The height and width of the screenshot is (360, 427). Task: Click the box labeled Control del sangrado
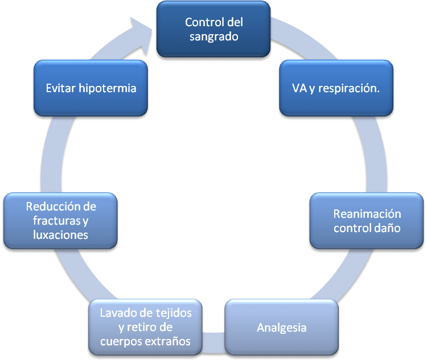213,30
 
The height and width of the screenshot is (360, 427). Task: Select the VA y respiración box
336,89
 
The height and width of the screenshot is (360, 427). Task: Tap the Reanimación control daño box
367,221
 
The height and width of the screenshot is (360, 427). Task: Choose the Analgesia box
282,328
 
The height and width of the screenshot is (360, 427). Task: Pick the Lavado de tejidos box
145,327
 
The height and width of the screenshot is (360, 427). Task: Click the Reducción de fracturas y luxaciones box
60,220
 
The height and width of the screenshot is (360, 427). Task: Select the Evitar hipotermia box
91,89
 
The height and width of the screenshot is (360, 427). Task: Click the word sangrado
214,36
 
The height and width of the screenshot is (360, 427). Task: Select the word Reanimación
367,214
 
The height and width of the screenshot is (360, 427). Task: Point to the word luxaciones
61,234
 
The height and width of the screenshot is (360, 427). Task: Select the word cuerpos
123,341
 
